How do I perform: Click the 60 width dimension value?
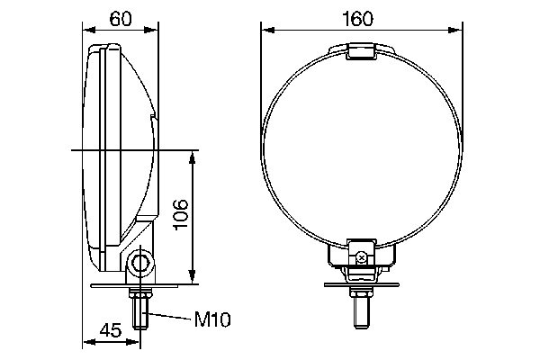121,17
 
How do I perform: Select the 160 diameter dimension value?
362,17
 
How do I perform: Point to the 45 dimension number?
109,329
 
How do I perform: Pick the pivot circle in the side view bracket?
139,263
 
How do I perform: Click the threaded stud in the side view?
139,315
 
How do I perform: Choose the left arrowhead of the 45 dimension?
87,342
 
